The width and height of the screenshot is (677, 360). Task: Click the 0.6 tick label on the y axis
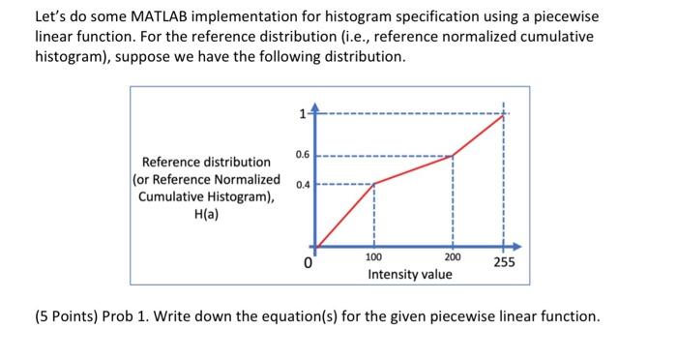click(301, 153)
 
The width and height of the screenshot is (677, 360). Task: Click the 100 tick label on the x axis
click(373, 257)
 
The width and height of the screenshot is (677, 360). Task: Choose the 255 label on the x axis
click(504, 262)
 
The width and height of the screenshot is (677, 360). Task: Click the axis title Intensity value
click(410, 275)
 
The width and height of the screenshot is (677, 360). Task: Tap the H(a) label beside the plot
click(206, 214)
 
